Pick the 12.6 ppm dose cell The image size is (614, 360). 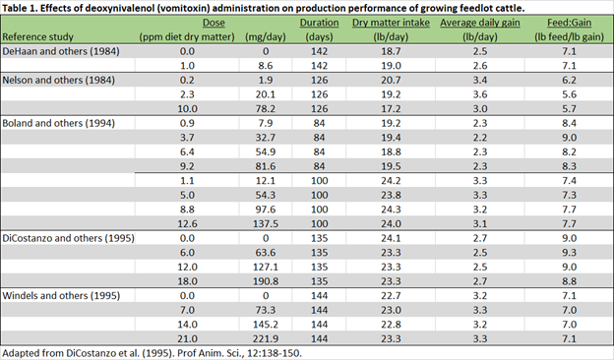coord(186,222)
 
